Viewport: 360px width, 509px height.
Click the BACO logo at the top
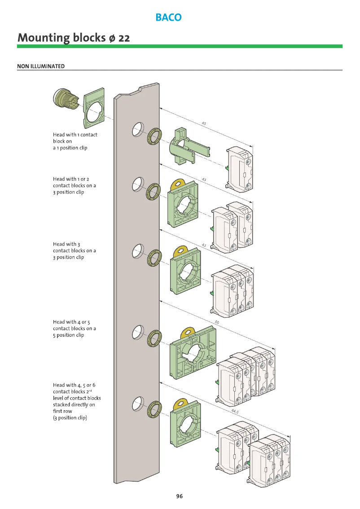tap(168, 18)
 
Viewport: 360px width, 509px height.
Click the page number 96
tap(180, 496)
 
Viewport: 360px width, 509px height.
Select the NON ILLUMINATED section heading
tap(41, 66)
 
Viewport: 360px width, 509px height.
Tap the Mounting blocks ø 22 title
tap(74, 38)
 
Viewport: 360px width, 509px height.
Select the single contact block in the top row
tap(239, 168)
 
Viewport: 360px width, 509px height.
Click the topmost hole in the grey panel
tap(137, 130)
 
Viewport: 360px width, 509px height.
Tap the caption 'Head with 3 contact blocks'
tap(75, 250)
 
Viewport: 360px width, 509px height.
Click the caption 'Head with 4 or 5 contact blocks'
tap(75, 328)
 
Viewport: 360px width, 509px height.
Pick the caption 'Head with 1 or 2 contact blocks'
tap(75, 185)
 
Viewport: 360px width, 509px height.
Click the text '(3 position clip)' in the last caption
tap(70, 418)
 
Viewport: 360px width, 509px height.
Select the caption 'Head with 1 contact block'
tap(75, 141)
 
